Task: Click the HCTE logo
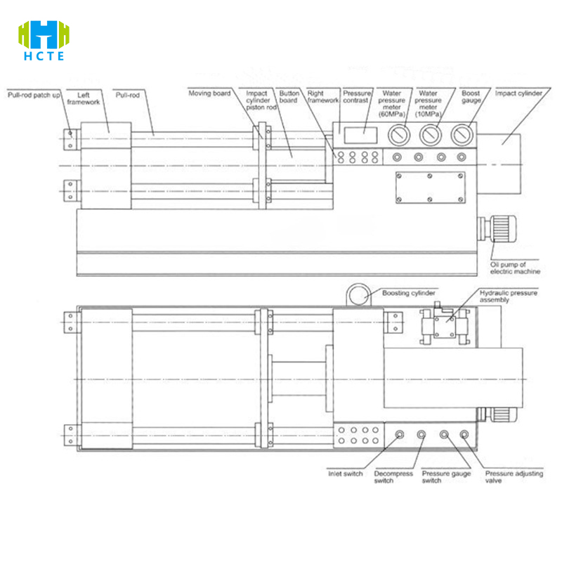pos(44,40)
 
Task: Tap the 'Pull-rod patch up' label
pos(34,95)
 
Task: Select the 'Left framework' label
pos(83,98)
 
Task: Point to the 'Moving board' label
pos(209,93)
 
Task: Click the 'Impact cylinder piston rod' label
pos(261,100)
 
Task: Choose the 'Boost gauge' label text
pos(471,97)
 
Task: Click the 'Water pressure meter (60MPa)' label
pos(392,103)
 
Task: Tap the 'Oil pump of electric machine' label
pos(515,268)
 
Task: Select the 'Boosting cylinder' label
pos(409,293)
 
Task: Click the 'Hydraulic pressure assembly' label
pos(508,296)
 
